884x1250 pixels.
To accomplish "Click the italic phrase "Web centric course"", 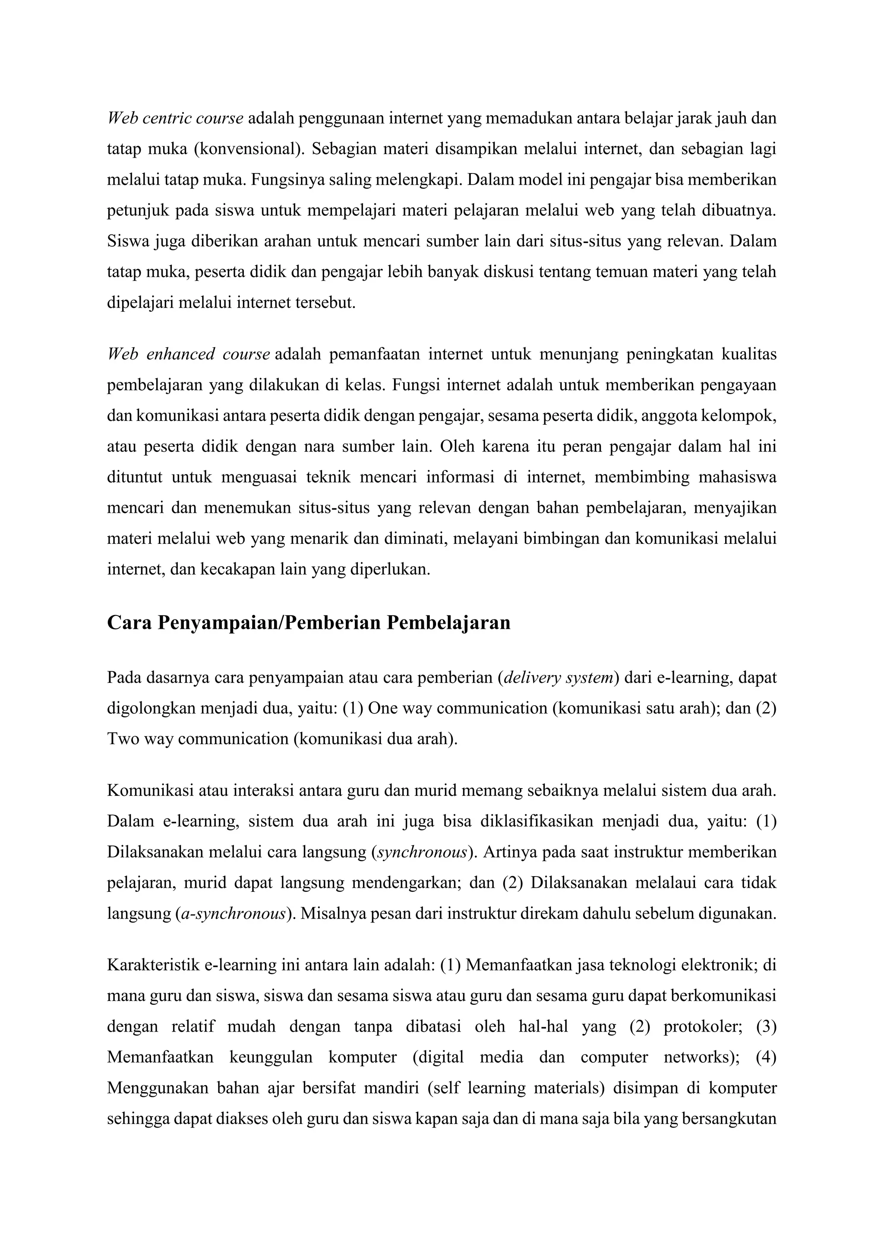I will pos(175,118).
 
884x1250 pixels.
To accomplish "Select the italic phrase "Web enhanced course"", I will pos(188,354).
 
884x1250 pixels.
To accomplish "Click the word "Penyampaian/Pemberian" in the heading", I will pos(270,622).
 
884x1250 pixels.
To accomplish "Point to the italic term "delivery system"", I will pos(559,678).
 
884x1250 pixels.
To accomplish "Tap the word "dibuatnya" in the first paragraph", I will pos(739,211).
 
